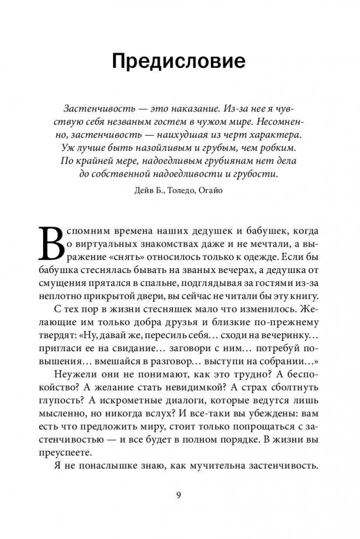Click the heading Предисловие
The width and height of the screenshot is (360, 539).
click(179, 61)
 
